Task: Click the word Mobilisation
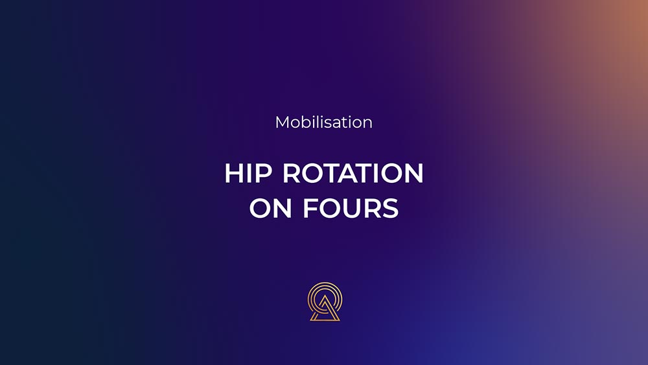tap(323, 123)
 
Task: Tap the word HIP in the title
tap(248, 173)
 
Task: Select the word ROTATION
tap(353, 173)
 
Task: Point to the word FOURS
tap(351, 208)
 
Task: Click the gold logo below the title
tap(325, 301)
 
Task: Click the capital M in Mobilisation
tap(282, 123)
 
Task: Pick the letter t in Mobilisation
tap(345, 123)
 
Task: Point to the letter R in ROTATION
tap(292, 173)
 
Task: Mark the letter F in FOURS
tap(311, 208)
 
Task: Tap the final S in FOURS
tap(391, 208)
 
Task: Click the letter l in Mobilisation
tap(319, 123)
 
